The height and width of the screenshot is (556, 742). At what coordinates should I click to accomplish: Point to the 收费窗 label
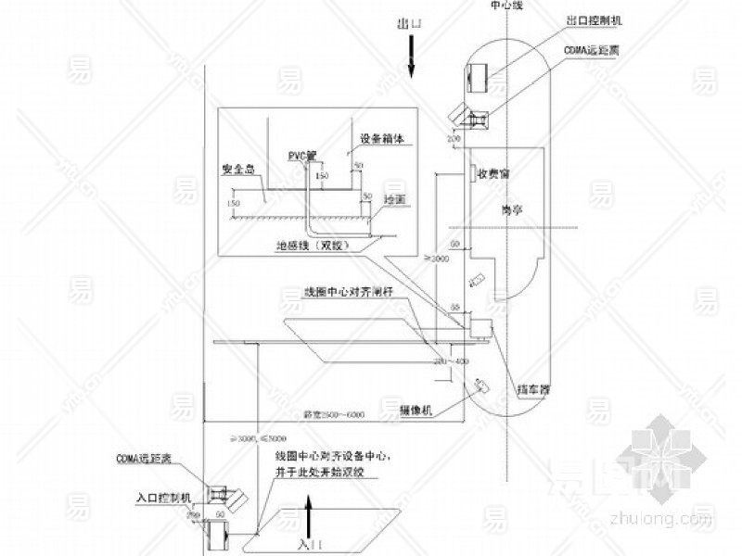tap(493, 173)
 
